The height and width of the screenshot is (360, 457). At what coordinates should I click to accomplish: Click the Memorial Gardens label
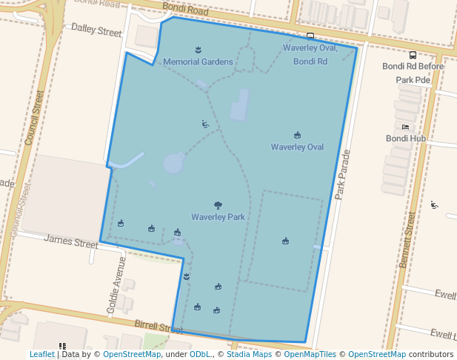pos(198,61)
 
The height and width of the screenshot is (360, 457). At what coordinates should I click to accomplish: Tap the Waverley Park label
pos(218,217)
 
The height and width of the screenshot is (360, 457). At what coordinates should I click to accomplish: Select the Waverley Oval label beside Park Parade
pos(297,147)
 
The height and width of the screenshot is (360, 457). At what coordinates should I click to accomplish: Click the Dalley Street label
pos(96,31)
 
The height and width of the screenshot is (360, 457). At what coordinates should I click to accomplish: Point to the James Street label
pos(71,241)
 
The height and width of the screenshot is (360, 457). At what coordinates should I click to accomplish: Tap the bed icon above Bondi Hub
pos(405,127)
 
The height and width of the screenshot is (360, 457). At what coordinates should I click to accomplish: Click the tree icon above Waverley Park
pos(218,205)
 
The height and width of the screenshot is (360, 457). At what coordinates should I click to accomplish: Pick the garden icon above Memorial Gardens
pos(198,50)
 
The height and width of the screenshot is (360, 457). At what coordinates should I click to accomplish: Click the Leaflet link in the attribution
pos(41,354)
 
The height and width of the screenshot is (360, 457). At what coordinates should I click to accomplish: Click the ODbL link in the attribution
pos(200,354)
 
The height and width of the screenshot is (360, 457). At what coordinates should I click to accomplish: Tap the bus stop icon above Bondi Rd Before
pos(413,55)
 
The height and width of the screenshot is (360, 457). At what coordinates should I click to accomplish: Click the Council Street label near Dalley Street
pos(34,119)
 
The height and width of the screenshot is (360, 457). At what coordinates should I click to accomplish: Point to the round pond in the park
pos(173,163)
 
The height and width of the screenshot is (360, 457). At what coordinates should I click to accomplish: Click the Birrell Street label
pos(159,327)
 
